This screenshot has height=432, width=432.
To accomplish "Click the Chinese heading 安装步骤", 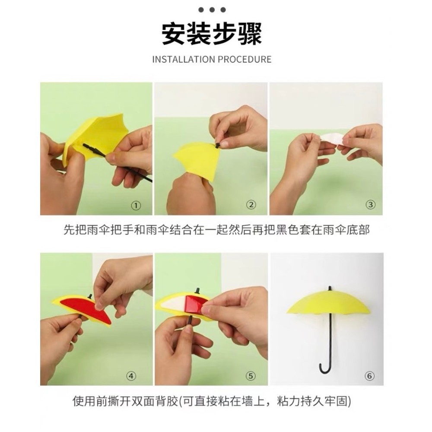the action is point(212,34).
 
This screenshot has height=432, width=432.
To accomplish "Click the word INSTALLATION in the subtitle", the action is point(184,59).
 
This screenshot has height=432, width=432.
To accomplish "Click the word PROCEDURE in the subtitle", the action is point(245,59).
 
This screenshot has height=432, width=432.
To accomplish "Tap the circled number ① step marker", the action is point(136,205).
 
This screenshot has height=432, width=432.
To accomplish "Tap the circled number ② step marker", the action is point(251,205).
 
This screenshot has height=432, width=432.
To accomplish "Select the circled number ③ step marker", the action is point(371,205).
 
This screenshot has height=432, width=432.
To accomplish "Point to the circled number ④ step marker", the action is point(131,376).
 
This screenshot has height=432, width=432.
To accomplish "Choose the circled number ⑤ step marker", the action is point(251,376).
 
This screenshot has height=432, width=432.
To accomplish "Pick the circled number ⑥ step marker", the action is point(369,376).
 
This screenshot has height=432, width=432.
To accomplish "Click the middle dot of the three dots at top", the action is point(212,10).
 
